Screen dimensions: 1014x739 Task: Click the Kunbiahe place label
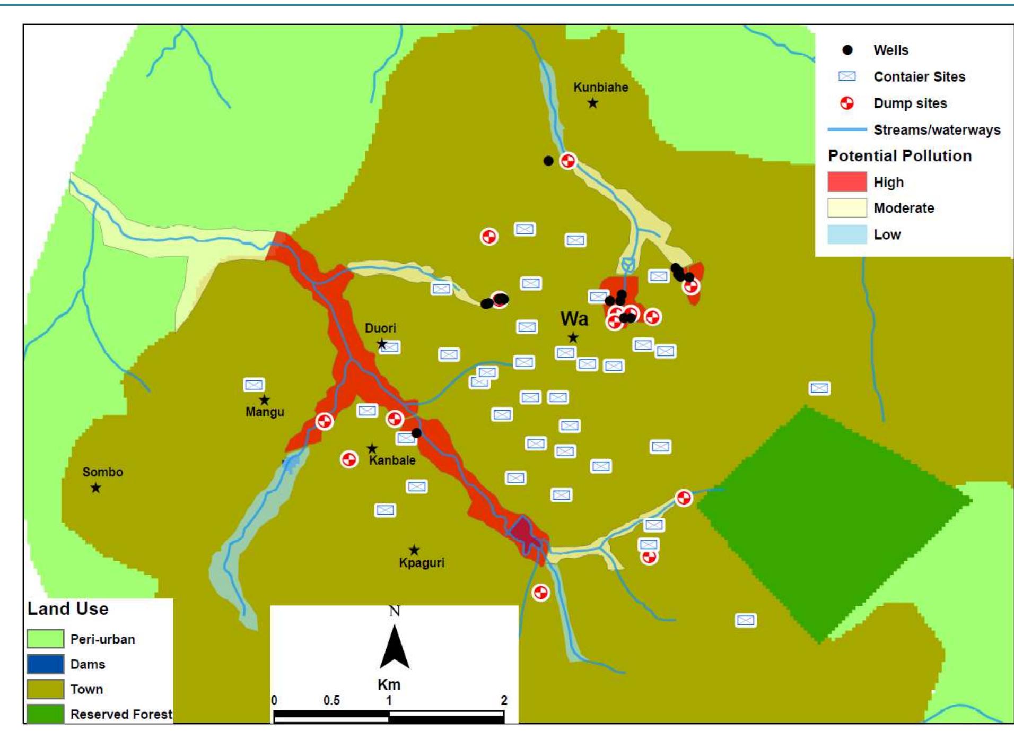point(600,88)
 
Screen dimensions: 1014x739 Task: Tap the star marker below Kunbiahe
point(593,103)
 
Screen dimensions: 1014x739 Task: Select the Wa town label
point(574,319)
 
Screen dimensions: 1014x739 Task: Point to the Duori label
point(380,328)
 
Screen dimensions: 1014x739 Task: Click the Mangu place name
point(265,412)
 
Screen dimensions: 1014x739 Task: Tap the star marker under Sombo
point(95,488)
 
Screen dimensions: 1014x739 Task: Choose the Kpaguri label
point(422,563)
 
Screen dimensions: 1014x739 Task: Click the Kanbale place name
point(392,460)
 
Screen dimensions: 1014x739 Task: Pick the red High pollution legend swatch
point(847,182)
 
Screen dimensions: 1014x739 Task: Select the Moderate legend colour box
point(847,208)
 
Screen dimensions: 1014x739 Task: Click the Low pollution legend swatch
point(847,234)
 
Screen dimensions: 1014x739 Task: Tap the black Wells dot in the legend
point(847,50)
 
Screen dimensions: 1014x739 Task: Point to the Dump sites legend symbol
point(847,103)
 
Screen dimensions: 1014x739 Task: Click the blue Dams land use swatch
point(45,664)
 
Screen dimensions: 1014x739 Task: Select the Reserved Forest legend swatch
point(45,714)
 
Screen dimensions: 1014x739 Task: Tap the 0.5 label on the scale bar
point(331,700)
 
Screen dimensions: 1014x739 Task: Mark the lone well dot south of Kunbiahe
point(548,160)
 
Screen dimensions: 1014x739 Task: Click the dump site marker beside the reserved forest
point(684,498)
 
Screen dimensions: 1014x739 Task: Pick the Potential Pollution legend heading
point(899,156)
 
